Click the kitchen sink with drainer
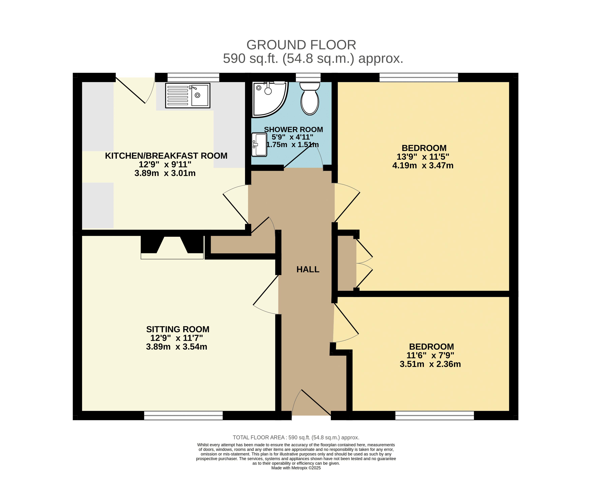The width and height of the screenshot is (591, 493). (188, 95)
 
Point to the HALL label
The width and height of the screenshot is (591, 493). (308, 270)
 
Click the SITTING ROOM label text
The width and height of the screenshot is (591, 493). (178, 329)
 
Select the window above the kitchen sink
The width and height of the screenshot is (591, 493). (193, 77)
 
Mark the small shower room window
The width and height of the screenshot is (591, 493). (308, 77)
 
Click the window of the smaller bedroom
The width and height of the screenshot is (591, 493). (435, 416)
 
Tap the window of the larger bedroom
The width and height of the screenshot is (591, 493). (419, 77)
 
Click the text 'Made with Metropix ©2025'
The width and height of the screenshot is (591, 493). (296, 468)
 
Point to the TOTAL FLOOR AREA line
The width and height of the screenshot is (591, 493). (296, 438)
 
